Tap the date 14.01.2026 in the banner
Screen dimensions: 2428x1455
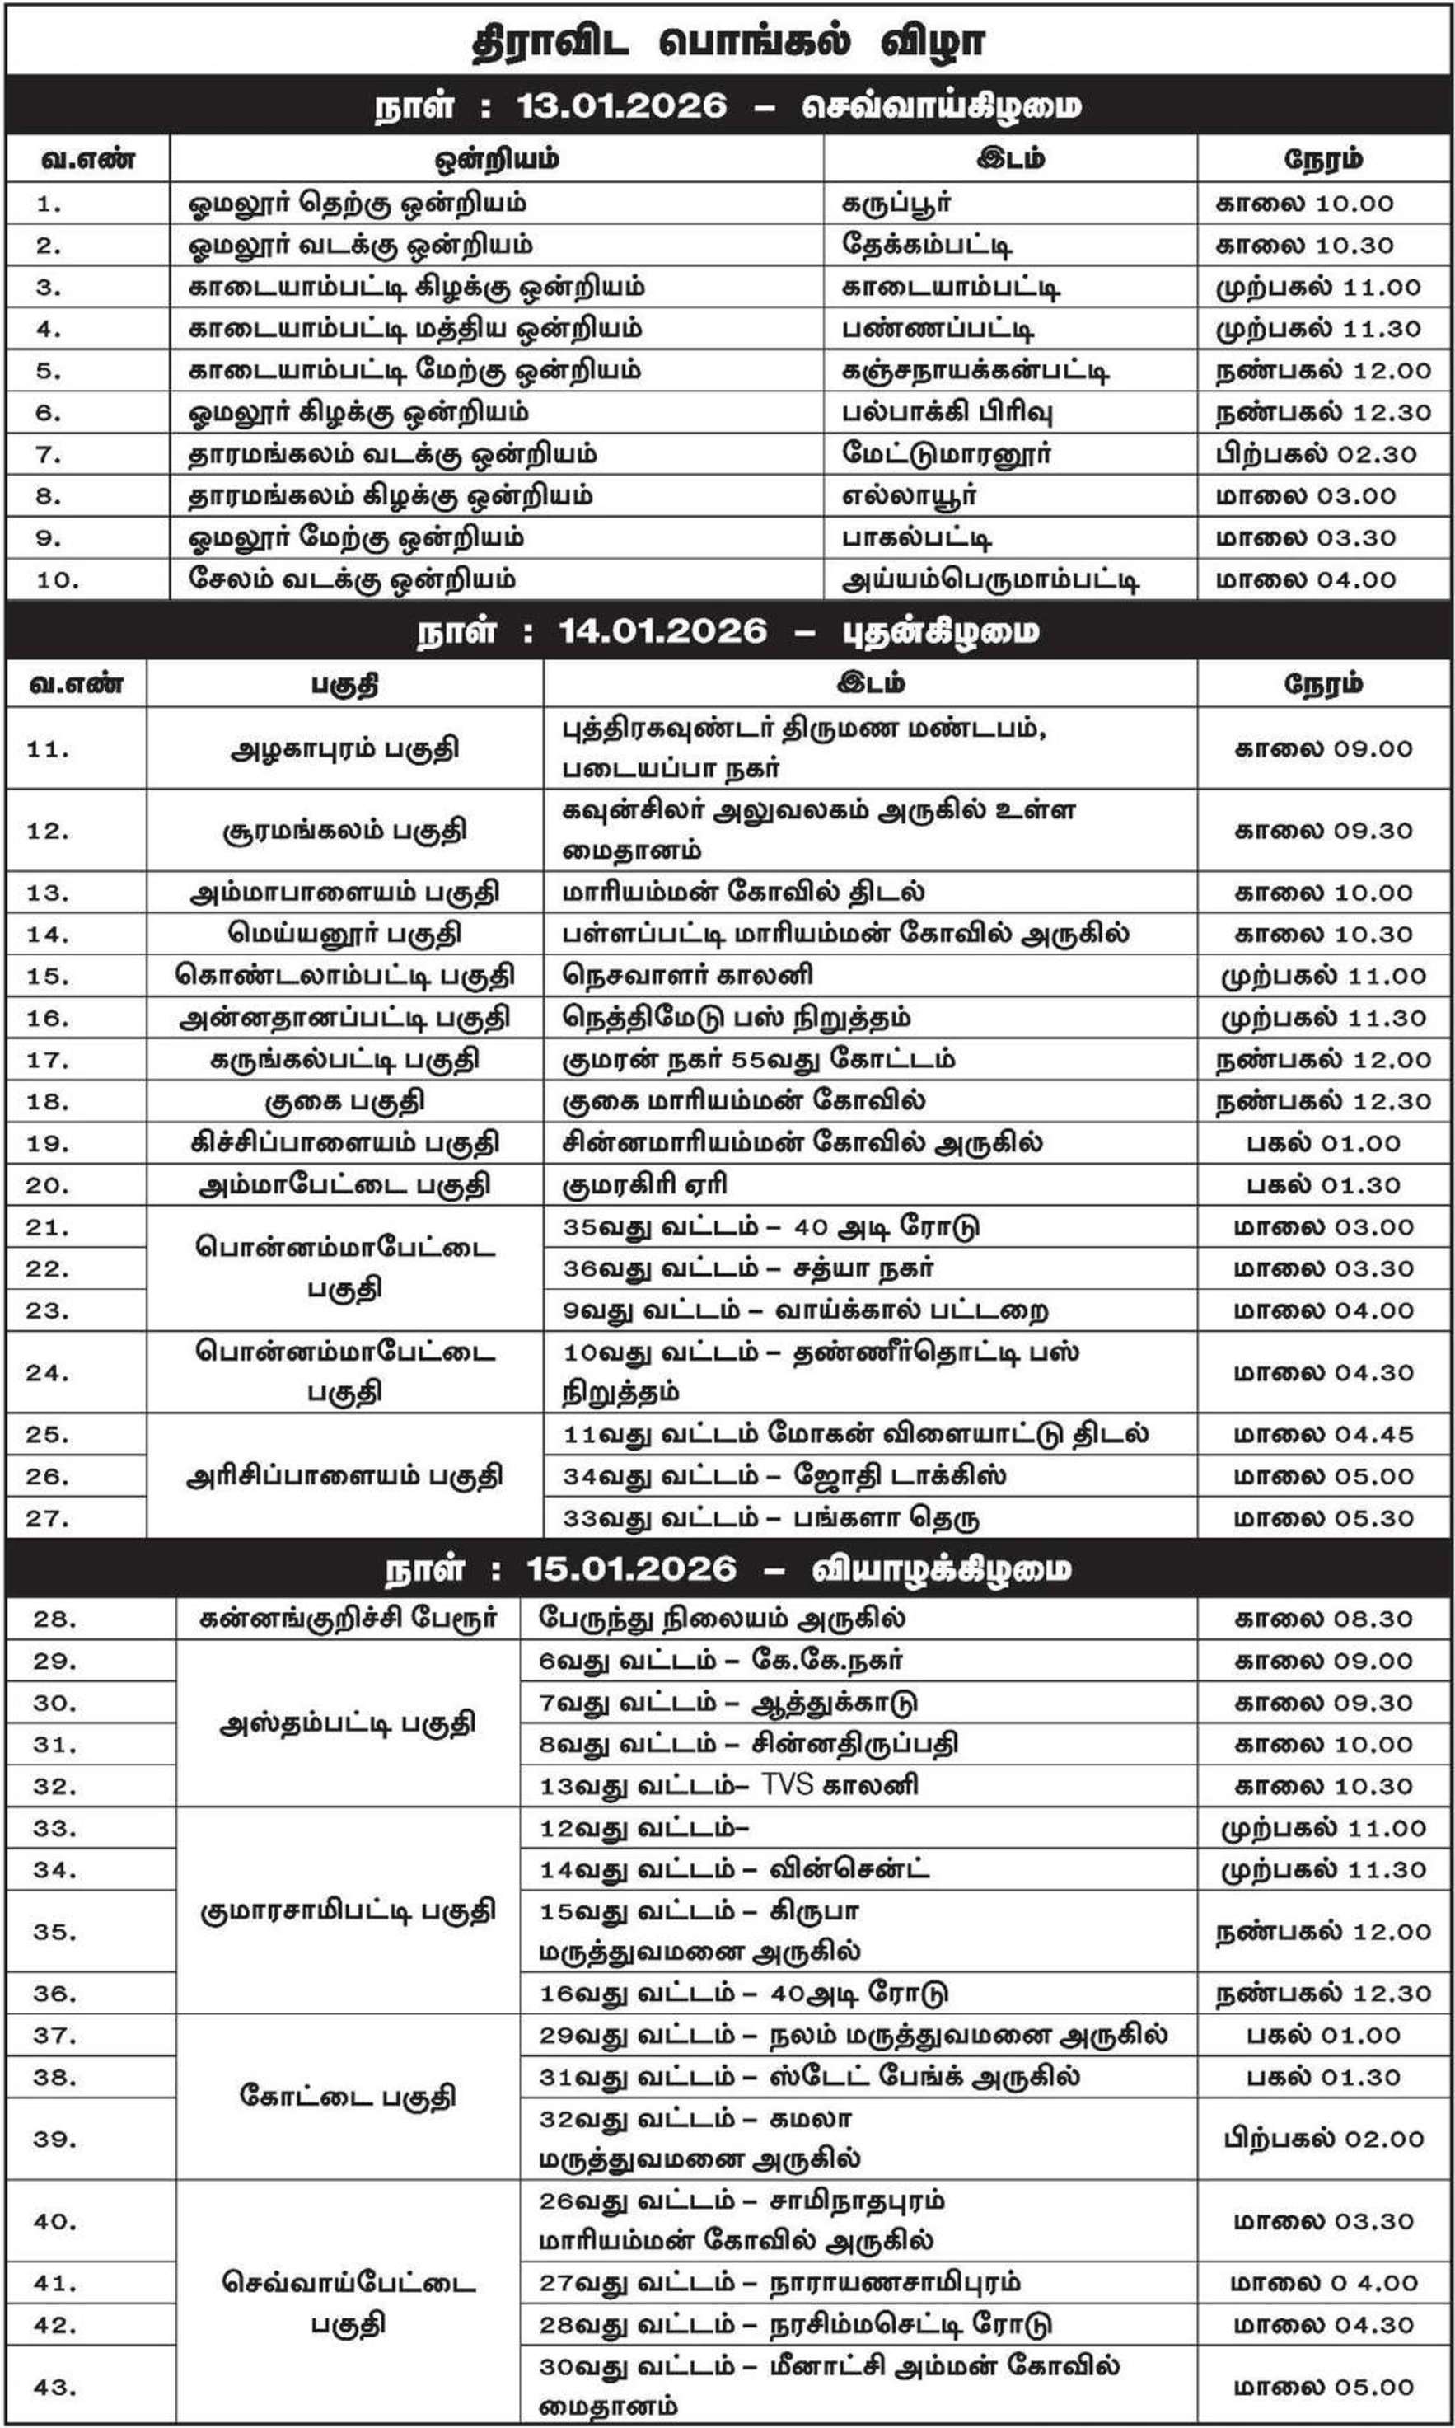(x=662, y=630)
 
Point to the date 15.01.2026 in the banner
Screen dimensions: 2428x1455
(x=631, y=1568)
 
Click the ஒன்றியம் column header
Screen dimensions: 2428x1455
(x=496, y=159)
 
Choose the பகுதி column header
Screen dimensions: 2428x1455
(x=344, y=683)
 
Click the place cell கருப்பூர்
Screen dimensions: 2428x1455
(x=896, y=203)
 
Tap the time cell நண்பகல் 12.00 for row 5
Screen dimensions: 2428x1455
(x=1322, y=371)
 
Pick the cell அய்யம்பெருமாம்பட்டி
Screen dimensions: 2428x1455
(x=990, y=579)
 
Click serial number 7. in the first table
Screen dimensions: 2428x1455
(x=48, y=454)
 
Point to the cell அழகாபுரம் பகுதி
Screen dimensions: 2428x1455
(x=344, y=749)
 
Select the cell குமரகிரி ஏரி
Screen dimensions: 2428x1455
(x=644, y=1184)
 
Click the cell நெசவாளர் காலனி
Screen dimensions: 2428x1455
(x=687, y=976)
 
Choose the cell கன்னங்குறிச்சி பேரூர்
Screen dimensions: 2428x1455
(x=348, y=1619)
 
